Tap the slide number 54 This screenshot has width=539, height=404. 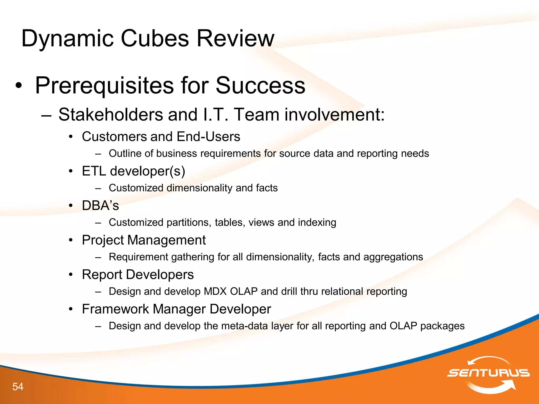(x=18, y=387)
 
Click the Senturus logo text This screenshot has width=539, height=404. (x=488, y=373)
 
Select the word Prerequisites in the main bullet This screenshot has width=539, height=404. (x=104, y=85)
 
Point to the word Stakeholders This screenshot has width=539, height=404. (x=111, y=115)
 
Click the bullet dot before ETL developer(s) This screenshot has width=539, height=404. (x=71, y=171)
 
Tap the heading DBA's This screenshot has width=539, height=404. (x=100, y=206)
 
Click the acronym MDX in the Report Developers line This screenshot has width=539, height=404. (x=215, y=291)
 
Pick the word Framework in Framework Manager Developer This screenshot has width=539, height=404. (x=115, y=309)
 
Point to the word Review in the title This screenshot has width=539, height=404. (x=236, y=39)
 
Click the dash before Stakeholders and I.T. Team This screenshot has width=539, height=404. (x=46, y=115)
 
